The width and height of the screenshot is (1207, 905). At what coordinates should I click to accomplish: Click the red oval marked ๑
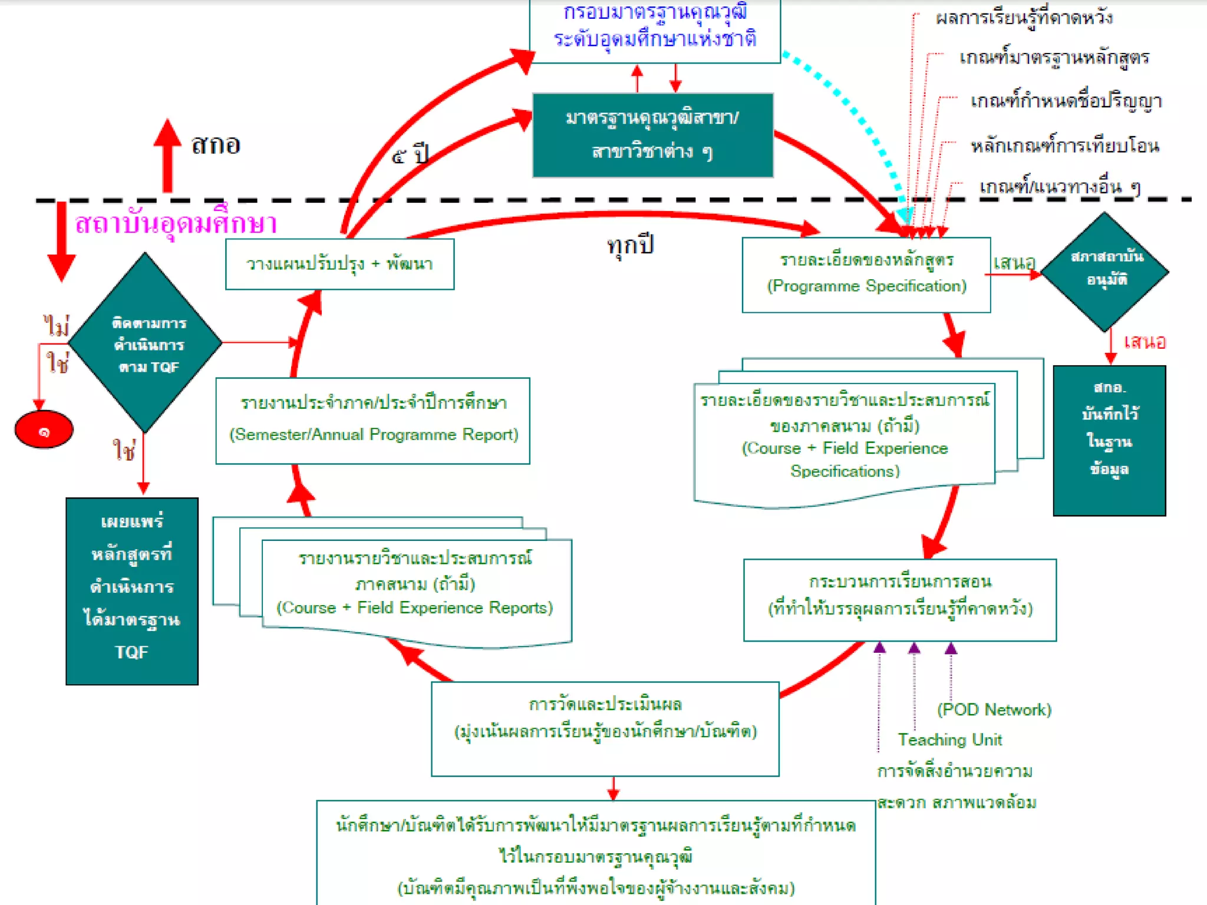(44, 430)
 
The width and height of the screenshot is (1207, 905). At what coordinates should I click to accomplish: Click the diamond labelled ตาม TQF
(145, 343)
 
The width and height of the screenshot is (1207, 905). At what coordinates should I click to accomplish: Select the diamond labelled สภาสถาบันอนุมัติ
(1105, 272)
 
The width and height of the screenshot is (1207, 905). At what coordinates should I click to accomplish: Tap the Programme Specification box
(866, 275)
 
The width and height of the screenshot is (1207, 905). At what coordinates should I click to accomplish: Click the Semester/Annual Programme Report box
(372, 421)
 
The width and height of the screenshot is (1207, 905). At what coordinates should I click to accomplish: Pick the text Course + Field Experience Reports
(414, 607)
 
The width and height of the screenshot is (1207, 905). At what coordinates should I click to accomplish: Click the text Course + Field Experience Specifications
(845, 460)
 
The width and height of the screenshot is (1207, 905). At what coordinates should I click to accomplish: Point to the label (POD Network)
(994, 709)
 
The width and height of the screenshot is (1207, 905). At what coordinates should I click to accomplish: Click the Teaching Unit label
(949, 739)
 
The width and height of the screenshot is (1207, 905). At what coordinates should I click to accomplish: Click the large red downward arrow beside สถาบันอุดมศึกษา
(61, 242)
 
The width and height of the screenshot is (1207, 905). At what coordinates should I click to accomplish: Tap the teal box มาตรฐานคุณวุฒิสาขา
(652, 135)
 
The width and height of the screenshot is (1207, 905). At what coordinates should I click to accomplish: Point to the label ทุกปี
(630, 244)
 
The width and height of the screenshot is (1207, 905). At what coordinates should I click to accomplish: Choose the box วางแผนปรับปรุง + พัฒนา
(339, 264)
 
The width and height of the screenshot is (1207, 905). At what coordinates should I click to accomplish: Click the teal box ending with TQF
(132, 591)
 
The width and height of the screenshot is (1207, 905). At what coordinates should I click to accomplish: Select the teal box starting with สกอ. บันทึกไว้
(1109, 440)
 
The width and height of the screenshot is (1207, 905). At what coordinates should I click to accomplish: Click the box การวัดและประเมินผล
(605, 729)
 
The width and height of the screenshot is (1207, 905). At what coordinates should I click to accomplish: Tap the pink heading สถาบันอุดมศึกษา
(176, 223)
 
